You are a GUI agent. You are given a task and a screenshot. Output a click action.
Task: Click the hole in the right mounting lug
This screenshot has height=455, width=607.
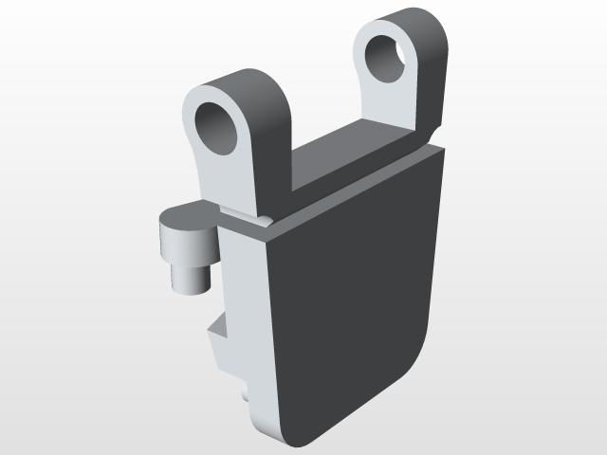click(387, 59)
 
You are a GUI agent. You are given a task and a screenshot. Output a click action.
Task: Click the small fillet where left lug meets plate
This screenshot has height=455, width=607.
click(267, 221)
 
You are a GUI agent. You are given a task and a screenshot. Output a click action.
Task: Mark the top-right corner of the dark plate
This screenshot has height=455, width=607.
click(442, 150)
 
